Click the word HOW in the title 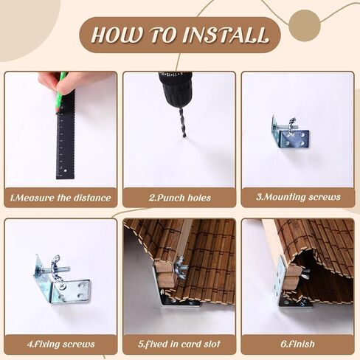click(x=117, y=35)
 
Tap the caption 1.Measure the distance click(x=60, y=198)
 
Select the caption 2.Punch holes click(x=179, y=198)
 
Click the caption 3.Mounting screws click(x=298, y=197)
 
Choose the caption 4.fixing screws click(x=60, y=344)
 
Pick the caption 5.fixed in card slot click(x=179, y=344)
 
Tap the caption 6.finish click(x=298, y=344)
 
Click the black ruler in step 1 click(x=66, y=138)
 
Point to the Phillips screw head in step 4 click(x=62, y=286)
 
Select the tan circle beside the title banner click(x=305, y=25)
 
